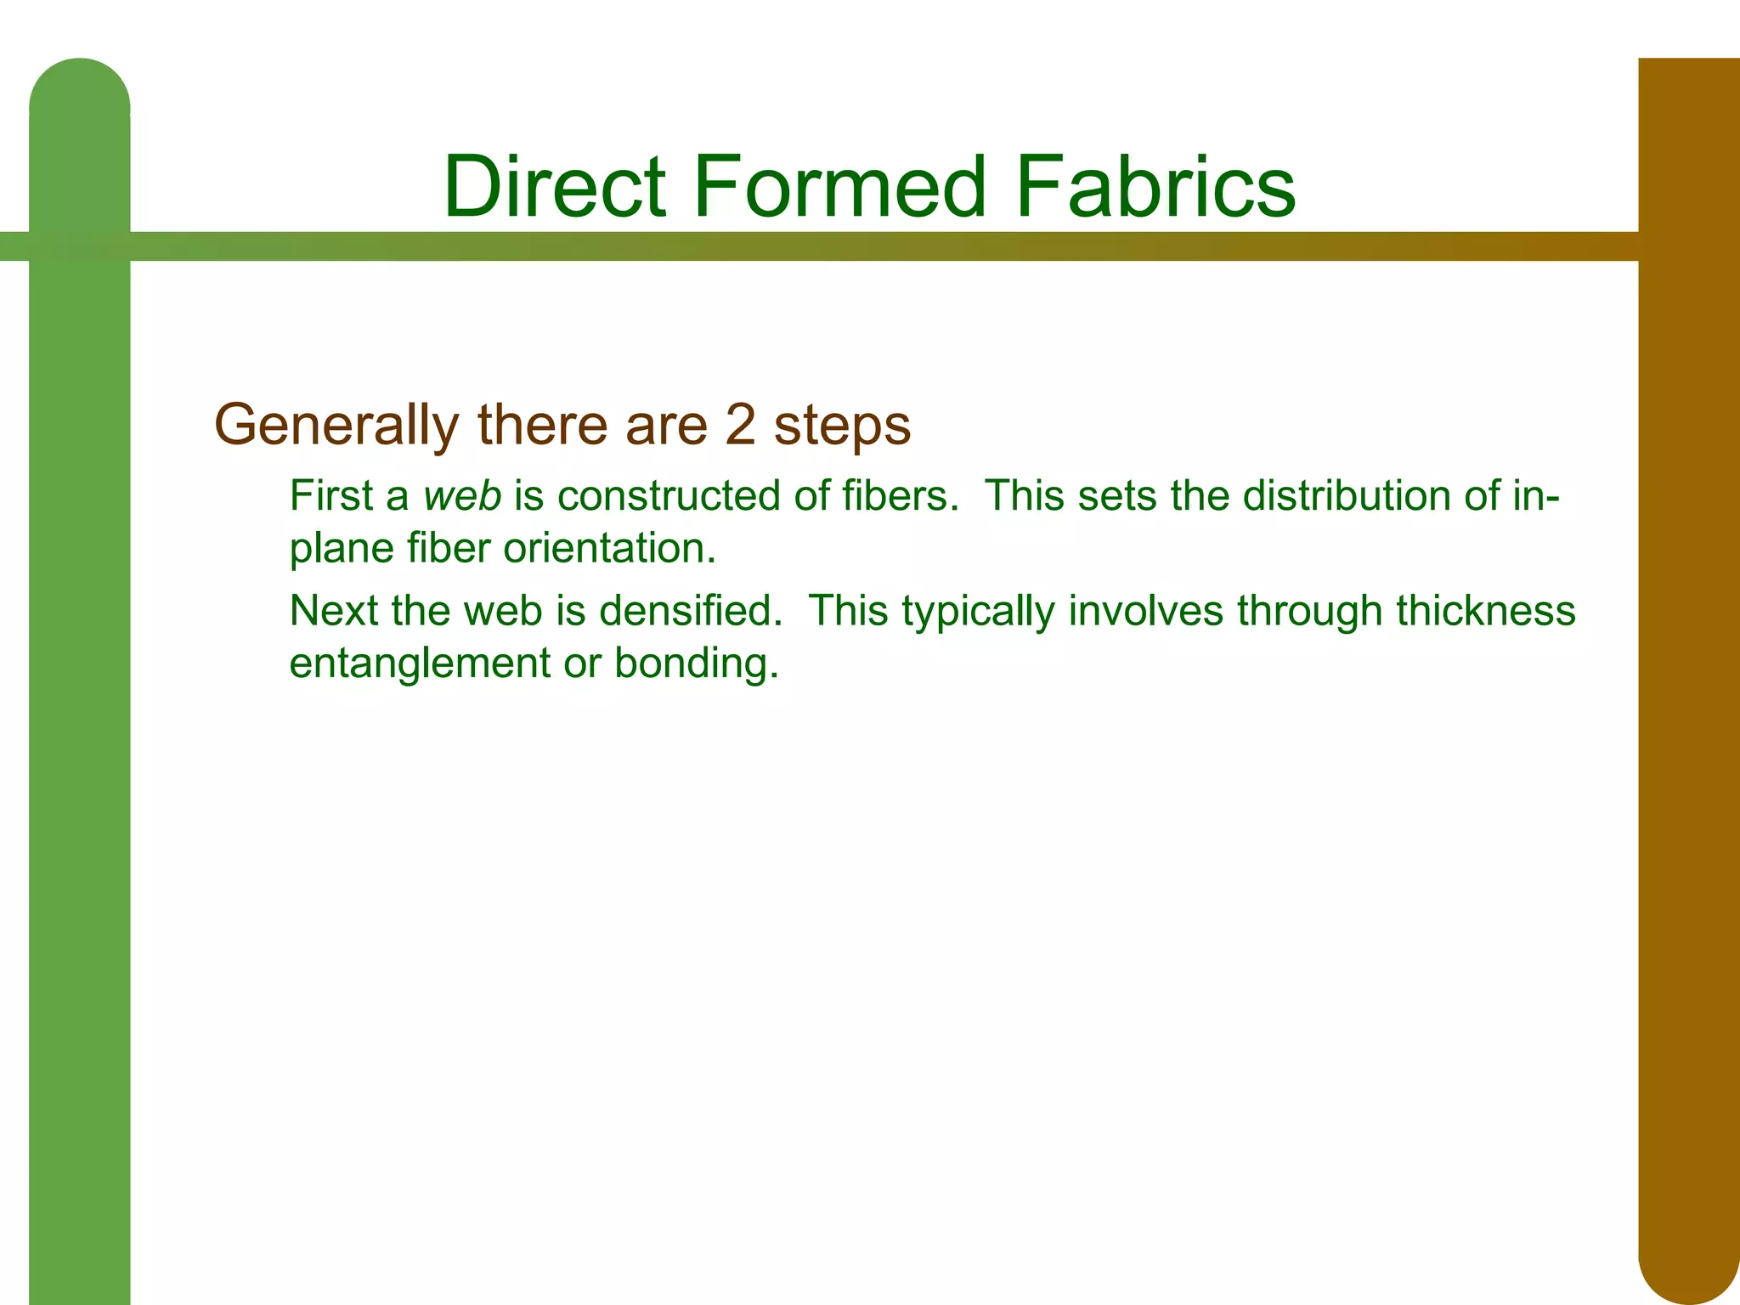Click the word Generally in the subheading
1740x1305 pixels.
(x=336, y=425)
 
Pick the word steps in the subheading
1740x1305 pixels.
(x=842, y=427)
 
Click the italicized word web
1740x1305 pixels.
(x=462, y=495)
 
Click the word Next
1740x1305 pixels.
(x=333, y=611)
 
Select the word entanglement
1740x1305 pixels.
(x=420, y=664)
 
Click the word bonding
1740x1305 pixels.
(x=696, y=664)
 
